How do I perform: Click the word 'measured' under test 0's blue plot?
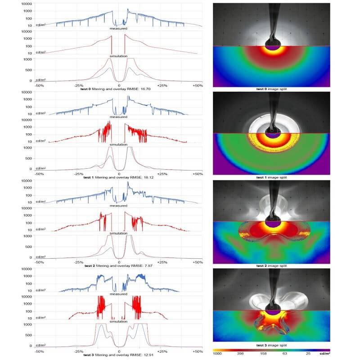pos(119,28)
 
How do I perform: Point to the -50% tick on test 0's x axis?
pos(39,85)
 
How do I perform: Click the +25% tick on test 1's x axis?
pos(162,173)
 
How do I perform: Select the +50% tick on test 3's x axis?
pos(197,350)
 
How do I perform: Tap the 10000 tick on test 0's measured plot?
pos(25,4)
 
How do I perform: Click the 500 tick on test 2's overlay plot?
pos(27,247)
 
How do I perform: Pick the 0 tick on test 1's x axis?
pos(119,173)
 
